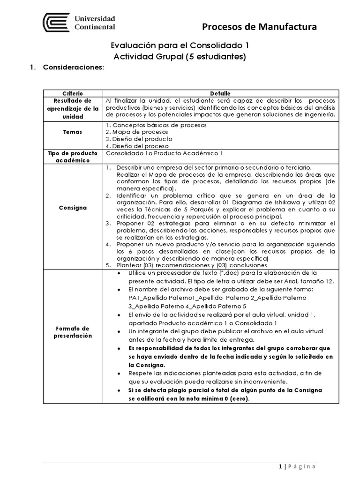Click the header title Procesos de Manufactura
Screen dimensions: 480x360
coord(259,28)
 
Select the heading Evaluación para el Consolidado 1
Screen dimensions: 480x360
coord(179,46)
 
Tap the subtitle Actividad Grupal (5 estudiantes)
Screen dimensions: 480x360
coord(180,57)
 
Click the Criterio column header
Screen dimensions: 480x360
coord(73,94)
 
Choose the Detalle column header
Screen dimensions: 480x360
coord(220,94)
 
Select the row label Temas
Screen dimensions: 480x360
coord(73,132)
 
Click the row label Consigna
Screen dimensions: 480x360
coord(73,208)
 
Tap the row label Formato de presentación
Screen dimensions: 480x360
coord(73,332)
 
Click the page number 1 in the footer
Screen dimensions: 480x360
coord(280,466)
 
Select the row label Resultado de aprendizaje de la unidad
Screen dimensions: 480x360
coord(73,108)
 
